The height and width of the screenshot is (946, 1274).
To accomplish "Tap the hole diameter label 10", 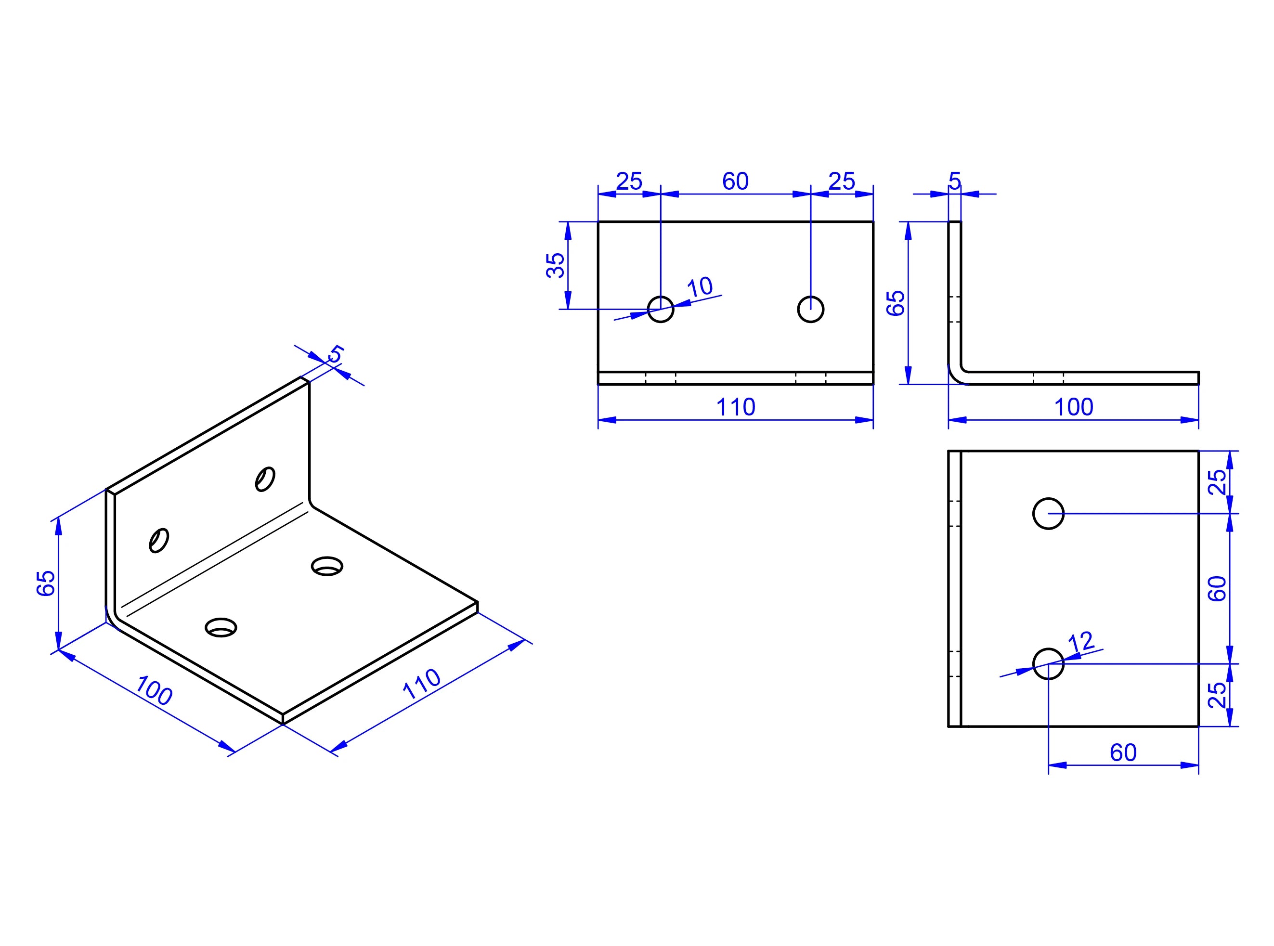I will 700,287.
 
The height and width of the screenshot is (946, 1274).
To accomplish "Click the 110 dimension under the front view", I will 736,407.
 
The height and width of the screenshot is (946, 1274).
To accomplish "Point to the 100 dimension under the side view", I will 1074,407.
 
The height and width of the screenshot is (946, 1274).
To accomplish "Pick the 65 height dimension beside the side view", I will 896,303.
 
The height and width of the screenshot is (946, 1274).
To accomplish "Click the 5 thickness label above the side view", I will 954,181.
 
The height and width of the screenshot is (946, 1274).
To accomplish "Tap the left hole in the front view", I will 661,309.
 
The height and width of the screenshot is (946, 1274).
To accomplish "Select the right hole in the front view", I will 811,309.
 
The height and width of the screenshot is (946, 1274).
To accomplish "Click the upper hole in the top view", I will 1048,514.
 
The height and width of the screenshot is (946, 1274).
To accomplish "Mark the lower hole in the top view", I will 1048,664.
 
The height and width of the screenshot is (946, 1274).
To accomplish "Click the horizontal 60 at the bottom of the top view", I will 1123,752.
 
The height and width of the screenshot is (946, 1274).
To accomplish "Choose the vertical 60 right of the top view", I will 1217,589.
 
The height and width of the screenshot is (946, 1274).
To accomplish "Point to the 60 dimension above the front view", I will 735,181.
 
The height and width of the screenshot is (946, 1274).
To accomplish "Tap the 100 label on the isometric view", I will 154,690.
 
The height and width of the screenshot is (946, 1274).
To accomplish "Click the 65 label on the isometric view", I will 46,583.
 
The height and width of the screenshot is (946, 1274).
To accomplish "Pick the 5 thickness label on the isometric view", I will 336,354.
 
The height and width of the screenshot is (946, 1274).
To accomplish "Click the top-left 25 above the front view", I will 629,181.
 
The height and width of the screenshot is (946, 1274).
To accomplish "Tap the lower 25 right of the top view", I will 1217,695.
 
